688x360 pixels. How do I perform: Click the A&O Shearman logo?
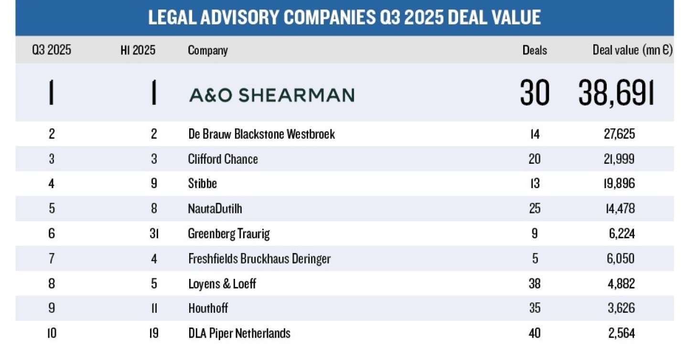(271, 95)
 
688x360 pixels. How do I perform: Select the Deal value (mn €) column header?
(633, 50)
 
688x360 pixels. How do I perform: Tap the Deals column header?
(535, 50)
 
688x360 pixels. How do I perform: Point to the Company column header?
(207, 50)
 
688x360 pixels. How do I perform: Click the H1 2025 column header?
(138, 50)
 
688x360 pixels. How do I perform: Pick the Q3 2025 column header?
(52, 50)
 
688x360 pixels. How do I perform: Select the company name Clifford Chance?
(223, 159)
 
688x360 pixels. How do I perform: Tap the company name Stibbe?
(202, 184)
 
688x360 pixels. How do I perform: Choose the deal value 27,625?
(619, 134)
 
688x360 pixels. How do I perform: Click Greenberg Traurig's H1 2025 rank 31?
(154, 234)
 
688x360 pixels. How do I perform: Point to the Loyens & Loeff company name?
(222, 284)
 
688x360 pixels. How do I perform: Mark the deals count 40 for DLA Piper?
(535, 333)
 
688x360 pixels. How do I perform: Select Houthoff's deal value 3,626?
(619, 308)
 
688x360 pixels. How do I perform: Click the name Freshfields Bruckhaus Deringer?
(259, 259)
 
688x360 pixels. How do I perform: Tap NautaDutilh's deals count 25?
(535, 209)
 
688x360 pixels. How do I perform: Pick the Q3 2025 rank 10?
(52, 333)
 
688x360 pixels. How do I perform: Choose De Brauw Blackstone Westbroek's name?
(261, 134)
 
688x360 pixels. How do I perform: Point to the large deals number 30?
(535, 93)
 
